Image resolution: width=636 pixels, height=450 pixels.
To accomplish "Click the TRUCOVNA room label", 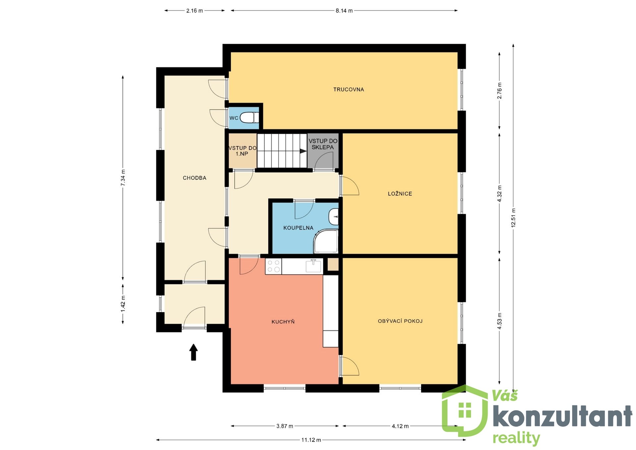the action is (348, 89).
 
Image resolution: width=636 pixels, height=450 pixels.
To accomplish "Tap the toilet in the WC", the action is (249, 118).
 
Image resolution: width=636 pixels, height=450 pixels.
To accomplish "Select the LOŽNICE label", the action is (400, 194).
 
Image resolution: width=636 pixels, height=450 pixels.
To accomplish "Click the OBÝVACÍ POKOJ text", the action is (400, 321).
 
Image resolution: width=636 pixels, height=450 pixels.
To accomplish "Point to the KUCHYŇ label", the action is (283, 321).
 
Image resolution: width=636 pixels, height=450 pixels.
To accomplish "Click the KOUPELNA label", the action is (298, 228).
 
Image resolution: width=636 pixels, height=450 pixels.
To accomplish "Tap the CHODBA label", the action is (194, 178).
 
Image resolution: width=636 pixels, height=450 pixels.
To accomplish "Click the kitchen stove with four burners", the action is (273, 266).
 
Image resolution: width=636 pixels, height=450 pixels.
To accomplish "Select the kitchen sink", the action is (313, 266).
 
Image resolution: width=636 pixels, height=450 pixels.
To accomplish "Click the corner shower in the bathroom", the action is (326, 242).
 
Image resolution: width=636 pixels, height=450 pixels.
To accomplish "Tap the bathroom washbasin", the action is (334, 217).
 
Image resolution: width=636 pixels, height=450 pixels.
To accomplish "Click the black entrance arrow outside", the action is (193, 352).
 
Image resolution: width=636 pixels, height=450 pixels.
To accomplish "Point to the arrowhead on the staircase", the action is (303, 151).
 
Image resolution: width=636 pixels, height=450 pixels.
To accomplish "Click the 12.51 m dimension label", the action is (513, 217).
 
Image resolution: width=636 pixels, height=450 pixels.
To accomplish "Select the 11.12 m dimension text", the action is (311, 440).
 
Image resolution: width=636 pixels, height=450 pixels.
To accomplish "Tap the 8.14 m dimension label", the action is (344, 11).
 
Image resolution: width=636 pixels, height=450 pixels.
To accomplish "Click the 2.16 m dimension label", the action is (194, 11).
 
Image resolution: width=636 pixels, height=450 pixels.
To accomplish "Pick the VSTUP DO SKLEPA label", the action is (323, 144).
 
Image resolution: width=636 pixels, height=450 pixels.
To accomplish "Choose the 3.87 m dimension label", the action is (285, 426).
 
